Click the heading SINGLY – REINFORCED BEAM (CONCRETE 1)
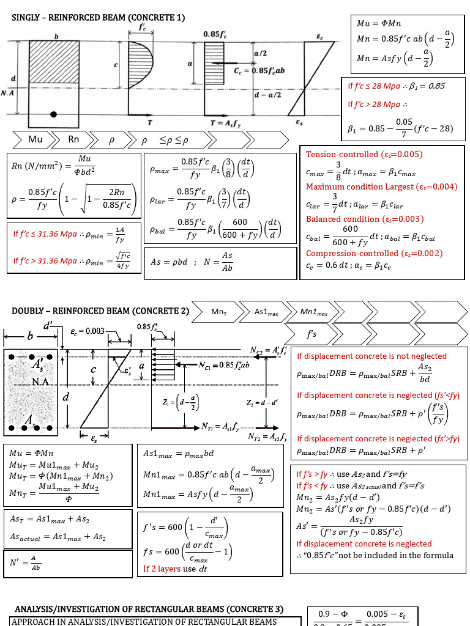click(x=99, y=18)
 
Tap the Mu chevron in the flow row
click(x=35, y=139)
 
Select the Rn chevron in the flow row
click(x=73, y=139)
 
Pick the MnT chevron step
click(x=219, y=312)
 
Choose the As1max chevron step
click(x=266, y=312)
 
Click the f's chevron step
click(x=312, y=334)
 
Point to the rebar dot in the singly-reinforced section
click(x=54, y=114)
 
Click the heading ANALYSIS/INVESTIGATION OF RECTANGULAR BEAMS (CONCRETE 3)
click(x=149, y=609)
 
